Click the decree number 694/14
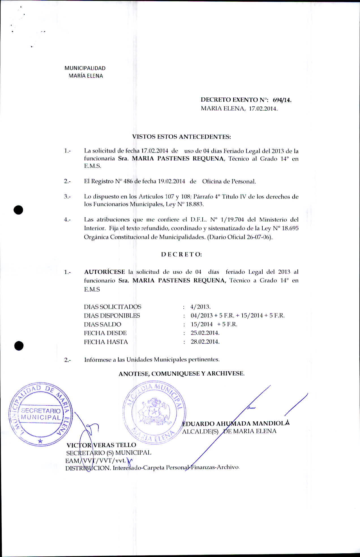(282, 100)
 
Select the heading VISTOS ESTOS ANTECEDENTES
(181, 137)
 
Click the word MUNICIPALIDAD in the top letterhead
(85, 68)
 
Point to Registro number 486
(128, 181)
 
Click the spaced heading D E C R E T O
(181, 254)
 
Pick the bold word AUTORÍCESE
(104, 272)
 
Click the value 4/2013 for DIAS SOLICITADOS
(200, 307)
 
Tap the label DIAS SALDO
(102, 324)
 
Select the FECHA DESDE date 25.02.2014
(205, 333)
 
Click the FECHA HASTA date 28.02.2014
(205, 342)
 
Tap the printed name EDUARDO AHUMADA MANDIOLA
(236, 424)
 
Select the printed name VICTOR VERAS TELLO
(101, 445)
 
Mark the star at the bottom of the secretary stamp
(40, 441)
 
